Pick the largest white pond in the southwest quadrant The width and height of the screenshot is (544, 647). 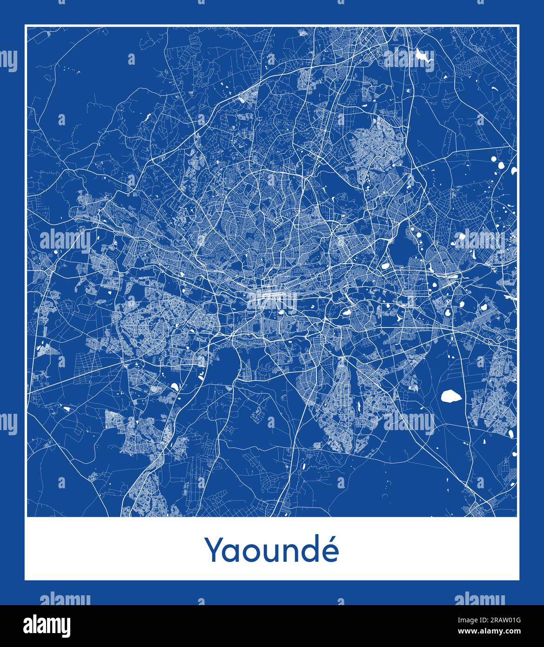[175, 386]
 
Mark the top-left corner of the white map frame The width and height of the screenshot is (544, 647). [25, 25]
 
